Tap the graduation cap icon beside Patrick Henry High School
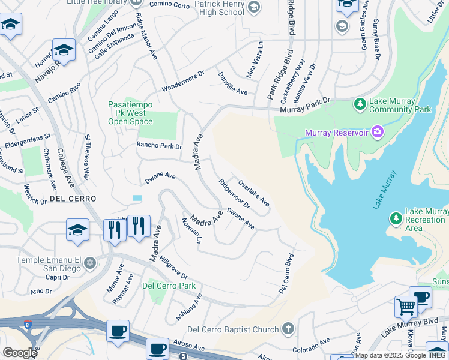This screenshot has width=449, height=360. click(x=254, y=7)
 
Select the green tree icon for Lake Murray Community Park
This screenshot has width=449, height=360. click(x=360, y=104)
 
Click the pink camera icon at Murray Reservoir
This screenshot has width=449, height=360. click(x=378, y=131)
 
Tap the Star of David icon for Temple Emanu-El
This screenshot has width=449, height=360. click(x=90, y=263)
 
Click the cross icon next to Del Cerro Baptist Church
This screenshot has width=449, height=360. click(x=288, y=329)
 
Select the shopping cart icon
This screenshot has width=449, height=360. click(x=406, y=307)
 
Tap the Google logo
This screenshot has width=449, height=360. click(x=19, y=352)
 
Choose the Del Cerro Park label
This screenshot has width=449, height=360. click(x=169, y=286)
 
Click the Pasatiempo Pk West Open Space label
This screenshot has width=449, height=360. click(x=130, y=113)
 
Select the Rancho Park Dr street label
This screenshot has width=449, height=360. click(x=159, y=146)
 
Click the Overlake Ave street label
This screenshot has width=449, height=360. click(x=253, y=194)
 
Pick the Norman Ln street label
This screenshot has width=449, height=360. click(x=191, y=230)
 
